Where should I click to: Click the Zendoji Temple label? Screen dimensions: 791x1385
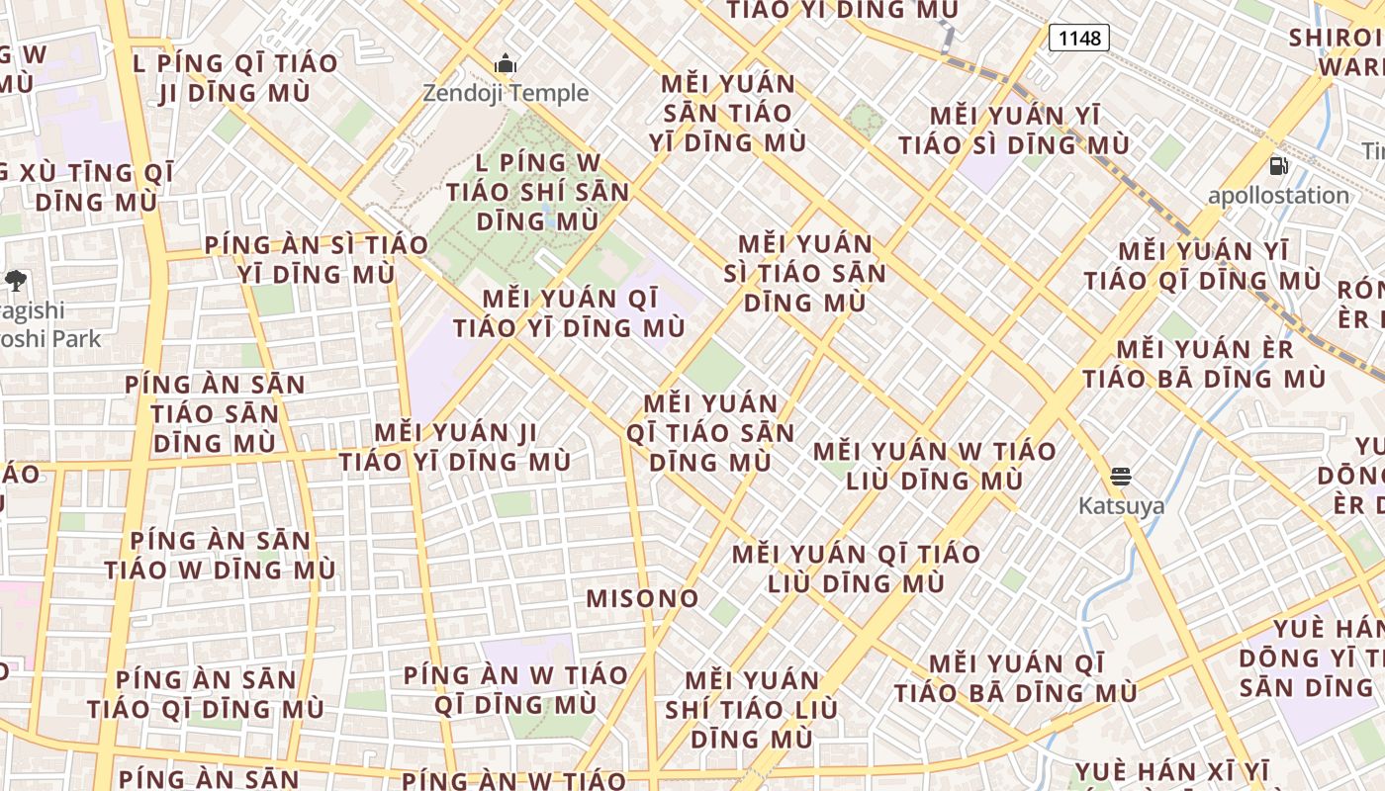click(506, 93)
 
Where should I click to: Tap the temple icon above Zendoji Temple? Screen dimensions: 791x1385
click(506, 65)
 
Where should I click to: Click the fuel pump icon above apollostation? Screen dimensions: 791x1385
click(1278, 166)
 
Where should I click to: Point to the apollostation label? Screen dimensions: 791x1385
click(1278, 195)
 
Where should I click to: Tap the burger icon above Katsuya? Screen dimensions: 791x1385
click(1120, 478)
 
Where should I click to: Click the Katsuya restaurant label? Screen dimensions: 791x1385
click(1121, 505)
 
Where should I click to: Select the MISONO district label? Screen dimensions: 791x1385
click(643, 598)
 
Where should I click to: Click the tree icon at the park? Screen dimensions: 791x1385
click(15, 281)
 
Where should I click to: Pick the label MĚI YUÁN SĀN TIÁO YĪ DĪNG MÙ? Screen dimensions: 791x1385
click(728, 113)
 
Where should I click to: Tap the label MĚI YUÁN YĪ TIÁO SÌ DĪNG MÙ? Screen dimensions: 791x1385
click(1014, 131)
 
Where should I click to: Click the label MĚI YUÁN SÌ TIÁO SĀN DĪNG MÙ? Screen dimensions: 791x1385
click(804, 273)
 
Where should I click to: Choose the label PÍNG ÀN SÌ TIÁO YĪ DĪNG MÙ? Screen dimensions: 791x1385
click(317, 259)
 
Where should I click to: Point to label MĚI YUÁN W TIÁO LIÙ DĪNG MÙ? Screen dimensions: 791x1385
click(935, 466)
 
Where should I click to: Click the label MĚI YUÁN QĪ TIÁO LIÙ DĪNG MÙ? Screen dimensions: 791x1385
click(857, 569)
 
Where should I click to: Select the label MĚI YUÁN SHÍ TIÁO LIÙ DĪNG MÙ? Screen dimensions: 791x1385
click(752, 709)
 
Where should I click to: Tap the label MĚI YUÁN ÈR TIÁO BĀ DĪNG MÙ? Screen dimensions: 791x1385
click(1204, 364)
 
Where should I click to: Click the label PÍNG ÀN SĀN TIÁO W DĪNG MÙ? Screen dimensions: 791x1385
click(220, 556)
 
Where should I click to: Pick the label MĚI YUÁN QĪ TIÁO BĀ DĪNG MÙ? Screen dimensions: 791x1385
click(1016, 677)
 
